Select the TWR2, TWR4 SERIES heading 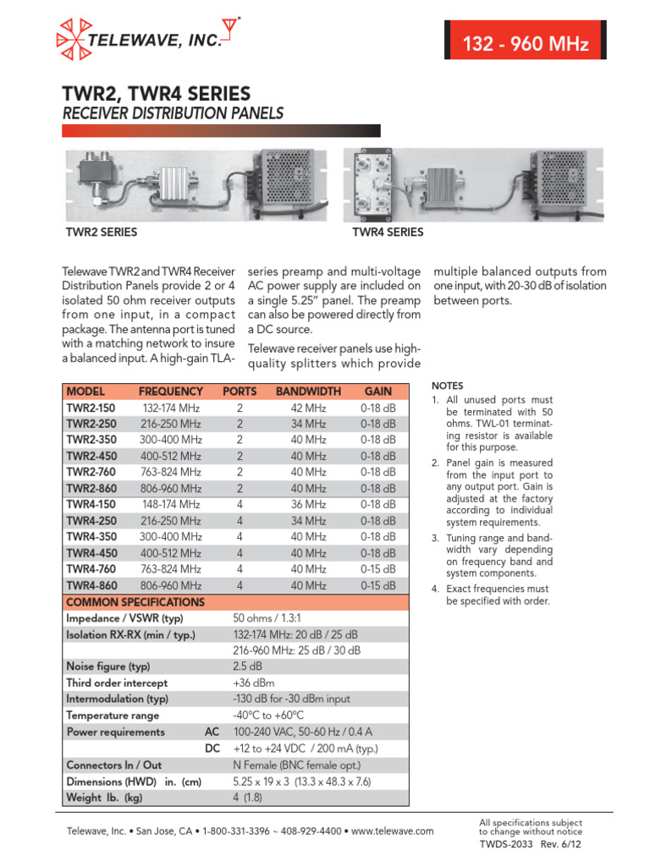(x=156, y=92)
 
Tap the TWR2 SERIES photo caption (x=102, y=232)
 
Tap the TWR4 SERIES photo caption (x=388, y=232)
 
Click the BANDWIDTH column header (x=308, y=392)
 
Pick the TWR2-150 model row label (x=91, y=408)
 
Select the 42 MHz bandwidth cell (x=308, y=408)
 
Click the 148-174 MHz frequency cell (x=171, y=505)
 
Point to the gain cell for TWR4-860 (x=377, y=585)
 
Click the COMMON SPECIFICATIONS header (x=135, y=602)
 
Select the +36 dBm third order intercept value (x=253, y=682)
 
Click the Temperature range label (x=112, y=715)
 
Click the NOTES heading (x=448, y=385)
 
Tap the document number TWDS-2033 (x=506, y=844)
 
